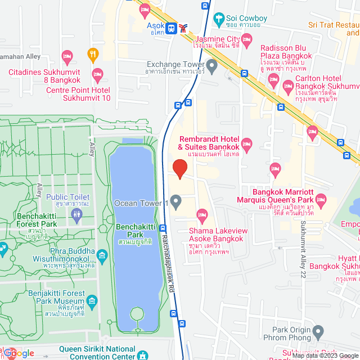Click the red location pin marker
click(x=179, y=168)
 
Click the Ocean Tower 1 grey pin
click(x=176, y=201)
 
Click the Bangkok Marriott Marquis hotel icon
click(x=321, y=199)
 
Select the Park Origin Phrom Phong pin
click(x=318, y=330)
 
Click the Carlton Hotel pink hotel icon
click(x=288, y=87)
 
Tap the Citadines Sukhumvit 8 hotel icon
click(x=67, y=56)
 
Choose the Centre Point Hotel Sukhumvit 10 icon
click(x=97, y=74)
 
